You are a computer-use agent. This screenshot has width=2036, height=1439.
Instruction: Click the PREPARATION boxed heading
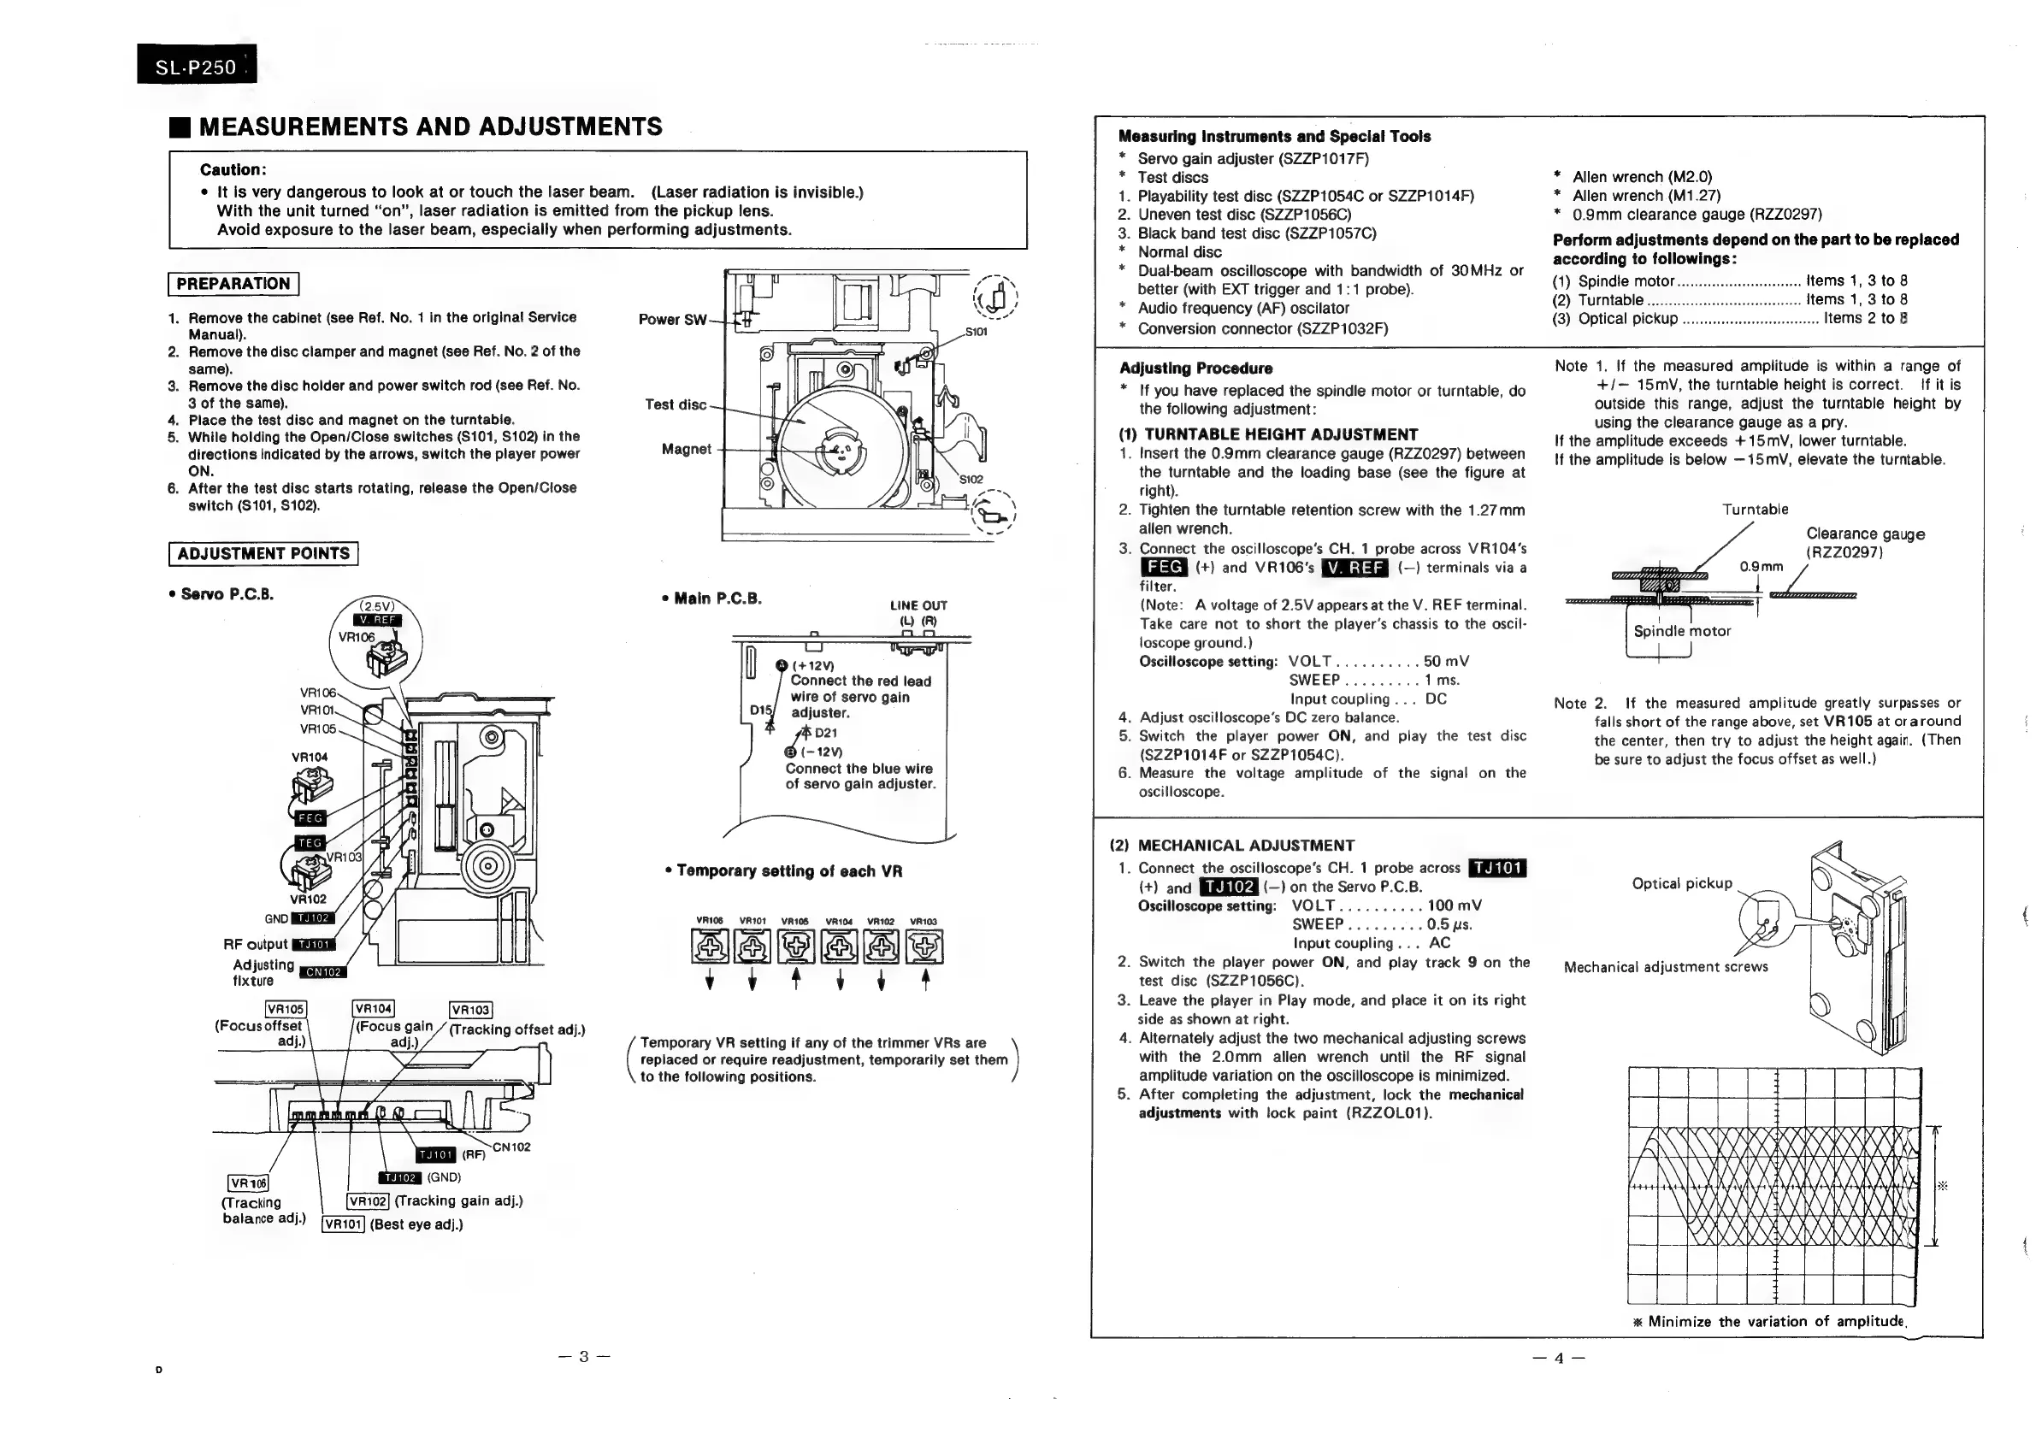[x=233, y=284]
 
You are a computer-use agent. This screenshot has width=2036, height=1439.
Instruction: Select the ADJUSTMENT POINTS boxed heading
[x=263, y=554]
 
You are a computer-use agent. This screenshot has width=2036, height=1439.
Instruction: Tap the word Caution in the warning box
[x=233, y=169]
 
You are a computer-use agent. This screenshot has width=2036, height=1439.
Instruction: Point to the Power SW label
[x=672, y=319]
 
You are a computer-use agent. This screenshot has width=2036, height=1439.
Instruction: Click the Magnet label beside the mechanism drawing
[x=686, y=450]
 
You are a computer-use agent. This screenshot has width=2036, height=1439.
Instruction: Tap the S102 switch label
[x=971, y=479]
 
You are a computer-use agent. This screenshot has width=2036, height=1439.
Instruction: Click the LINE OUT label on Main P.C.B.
[x=918, y=605]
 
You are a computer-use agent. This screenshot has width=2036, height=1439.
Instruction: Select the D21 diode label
[x=825, y=733]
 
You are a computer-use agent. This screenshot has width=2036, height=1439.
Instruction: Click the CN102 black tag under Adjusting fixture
[x=324, y=972]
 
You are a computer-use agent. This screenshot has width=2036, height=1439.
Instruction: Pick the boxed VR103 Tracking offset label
[x=471, y=1010]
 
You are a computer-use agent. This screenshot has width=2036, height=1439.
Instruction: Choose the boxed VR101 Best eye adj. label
[x=343, y=1224]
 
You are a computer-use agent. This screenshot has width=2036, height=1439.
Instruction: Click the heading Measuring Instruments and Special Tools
[x=1274, y=137]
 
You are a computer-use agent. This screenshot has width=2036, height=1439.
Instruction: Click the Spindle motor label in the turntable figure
[x=1681, y=631]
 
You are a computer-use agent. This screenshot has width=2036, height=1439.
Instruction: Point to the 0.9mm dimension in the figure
[x=1760, y=567]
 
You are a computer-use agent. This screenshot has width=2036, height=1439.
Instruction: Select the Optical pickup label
[x=1681, y=883]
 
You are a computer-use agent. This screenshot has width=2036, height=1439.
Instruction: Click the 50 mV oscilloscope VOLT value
[x=1446, y=662]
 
